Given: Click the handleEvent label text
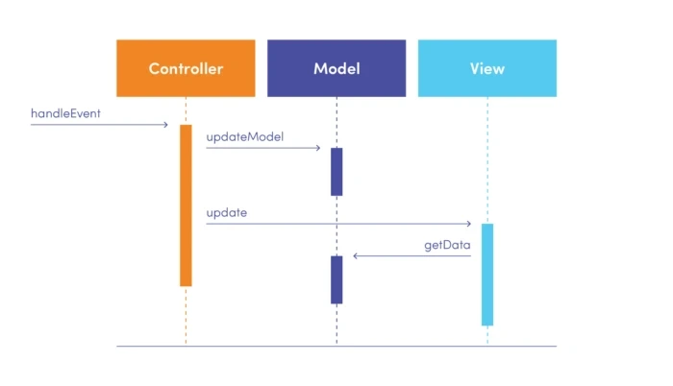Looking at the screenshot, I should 65,113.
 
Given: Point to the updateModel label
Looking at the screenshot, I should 244,136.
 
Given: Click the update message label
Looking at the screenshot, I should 226,212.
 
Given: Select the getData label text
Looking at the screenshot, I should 447,245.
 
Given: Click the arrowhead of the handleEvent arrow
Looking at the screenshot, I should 165,125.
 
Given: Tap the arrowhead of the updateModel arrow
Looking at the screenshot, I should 317,148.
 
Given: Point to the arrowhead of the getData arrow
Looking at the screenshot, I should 356,256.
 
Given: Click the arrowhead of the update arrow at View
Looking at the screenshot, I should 468,224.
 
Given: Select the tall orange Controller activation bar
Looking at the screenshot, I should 186,205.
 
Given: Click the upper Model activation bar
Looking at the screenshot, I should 336,171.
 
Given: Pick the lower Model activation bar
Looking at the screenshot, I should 336,279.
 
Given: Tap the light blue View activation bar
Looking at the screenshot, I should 487,275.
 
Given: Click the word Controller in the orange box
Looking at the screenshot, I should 186,69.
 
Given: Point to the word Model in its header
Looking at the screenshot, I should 336,69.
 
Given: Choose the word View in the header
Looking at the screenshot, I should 487,69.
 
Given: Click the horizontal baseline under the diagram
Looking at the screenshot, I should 336,346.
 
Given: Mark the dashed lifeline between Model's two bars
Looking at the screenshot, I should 336,226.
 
